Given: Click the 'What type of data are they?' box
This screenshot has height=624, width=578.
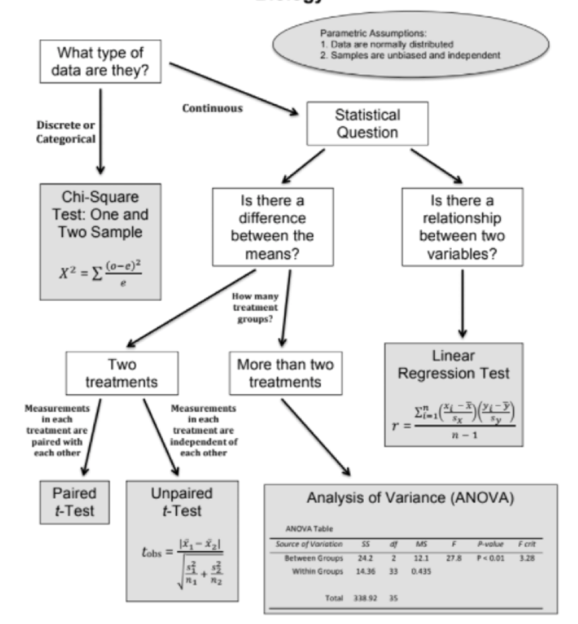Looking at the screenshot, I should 100,61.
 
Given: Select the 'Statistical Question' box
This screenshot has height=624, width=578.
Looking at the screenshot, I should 367,123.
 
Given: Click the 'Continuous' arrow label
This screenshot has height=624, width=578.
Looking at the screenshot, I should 212,109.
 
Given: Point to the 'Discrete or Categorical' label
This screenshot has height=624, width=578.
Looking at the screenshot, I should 66,132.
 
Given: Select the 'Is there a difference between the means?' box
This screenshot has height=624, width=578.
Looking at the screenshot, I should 272,227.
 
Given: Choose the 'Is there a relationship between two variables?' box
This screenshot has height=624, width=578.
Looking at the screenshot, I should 462,227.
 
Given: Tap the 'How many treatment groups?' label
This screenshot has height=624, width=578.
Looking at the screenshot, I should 255,308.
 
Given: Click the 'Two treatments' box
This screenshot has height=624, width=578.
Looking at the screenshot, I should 122,373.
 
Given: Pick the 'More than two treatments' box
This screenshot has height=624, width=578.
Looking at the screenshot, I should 285,373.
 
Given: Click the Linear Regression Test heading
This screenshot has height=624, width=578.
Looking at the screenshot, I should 453,364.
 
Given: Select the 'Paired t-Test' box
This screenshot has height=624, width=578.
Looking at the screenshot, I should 74,502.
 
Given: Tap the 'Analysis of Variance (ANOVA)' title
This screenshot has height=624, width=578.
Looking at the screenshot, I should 410,498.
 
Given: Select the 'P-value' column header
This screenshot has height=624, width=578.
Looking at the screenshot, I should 490,544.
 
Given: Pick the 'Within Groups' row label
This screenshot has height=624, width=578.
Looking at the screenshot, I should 317,572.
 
